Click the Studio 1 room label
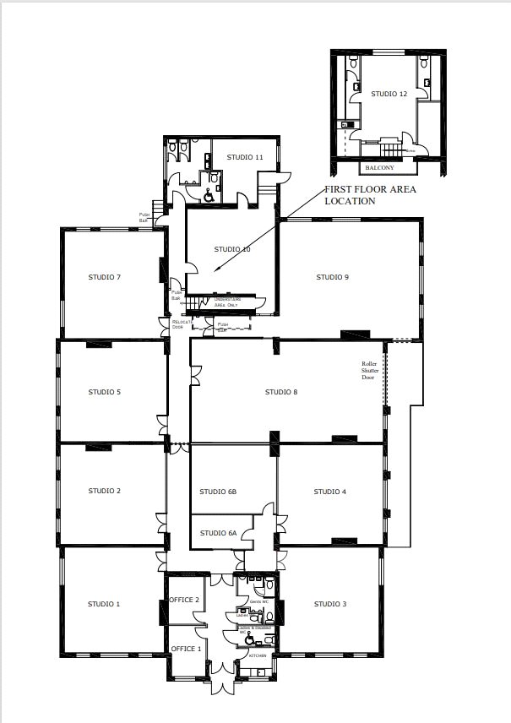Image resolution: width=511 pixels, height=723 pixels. tap(105, 604)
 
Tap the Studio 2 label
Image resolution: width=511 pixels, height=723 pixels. tap(105, 491)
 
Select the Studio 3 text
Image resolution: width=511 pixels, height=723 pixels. tap(330, 604)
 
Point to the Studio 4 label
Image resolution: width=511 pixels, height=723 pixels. tap(330, 492)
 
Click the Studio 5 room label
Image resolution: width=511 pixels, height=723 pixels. tap(105, 392)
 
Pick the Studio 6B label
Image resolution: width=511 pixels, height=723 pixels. tap(218, 492)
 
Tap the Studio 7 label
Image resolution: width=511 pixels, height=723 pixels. tap(106, 277)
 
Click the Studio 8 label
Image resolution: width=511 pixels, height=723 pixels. tap(281, 392)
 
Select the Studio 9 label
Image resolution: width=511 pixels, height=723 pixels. tap(333, 277)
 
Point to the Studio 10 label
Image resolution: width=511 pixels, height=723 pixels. tap(232, 249)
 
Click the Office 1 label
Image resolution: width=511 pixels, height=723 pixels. tap(186, 649)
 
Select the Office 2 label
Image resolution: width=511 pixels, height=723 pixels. tap(184, 600)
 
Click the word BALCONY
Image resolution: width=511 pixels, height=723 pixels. tap(380, 167)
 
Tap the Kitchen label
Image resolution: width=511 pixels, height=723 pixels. tap(258, 655)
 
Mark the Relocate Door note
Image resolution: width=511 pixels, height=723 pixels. tap(182, 324)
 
